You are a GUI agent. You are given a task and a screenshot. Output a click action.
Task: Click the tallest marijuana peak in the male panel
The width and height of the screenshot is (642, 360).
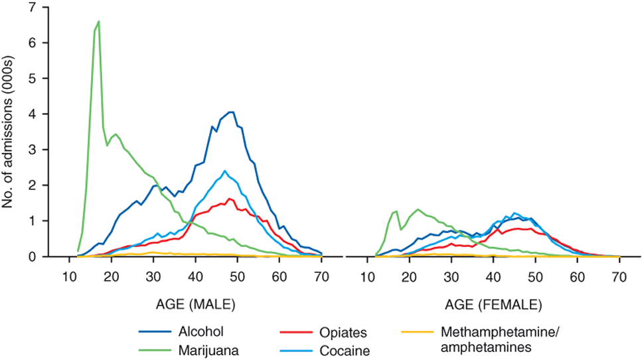click(x=99, y=21)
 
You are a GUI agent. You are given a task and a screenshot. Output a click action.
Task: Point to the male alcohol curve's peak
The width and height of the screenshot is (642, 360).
click(x=230, y=112)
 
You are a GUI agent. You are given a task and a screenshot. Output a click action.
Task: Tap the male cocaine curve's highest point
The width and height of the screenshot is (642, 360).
click(x=225, y=171)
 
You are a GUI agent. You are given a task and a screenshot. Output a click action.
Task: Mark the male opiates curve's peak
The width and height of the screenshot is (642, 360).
click(x=230, y=199)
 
